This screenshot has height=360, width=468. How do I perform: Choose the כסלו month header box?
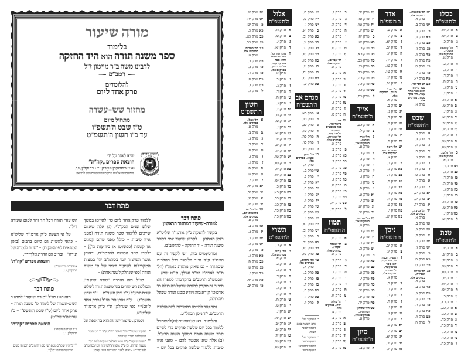[x=447, y=18]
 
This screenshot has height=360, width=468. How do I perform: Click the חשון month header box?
[x=249, y=110]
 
